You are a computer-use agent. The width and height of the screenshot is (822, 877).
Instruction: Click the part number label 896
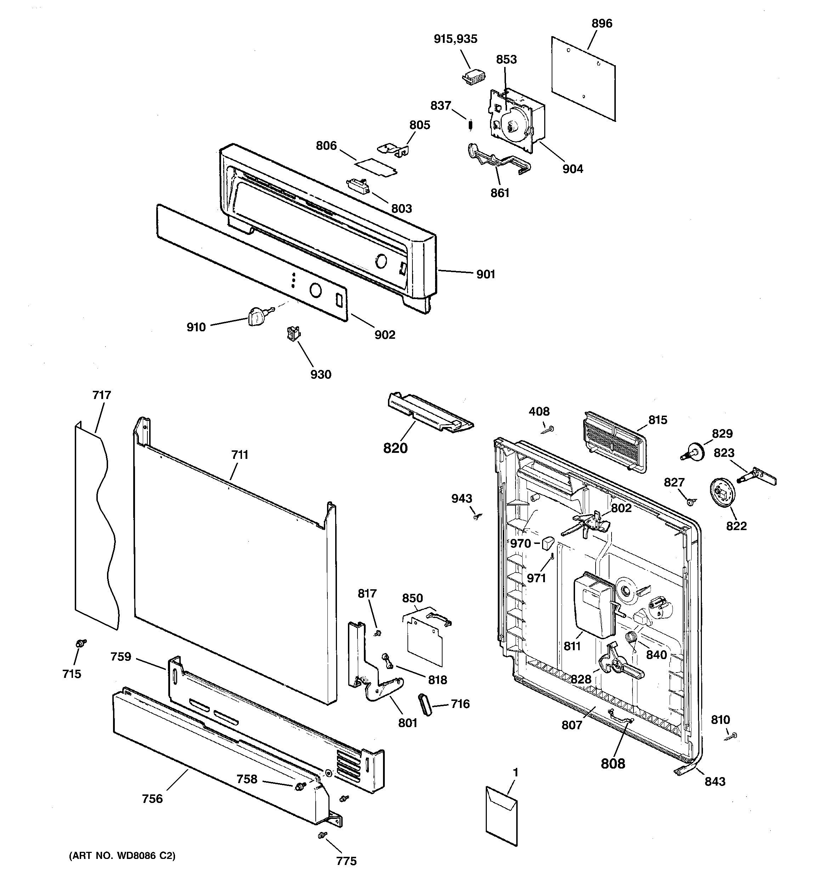click(x=602, y=24)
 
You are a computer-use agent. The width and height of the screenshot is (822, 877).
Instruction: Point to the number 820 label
click(x=395, y=448)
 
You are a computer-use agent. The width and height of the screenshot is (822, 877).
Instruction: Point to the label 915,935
click(x=455, y=39)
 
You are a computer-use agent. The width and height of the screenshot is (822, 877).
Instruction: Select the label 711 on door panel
click(x=240, y=455)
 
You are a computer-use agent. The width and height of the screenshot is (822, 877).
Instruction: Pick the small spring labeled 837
click(x=470, y=125)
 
